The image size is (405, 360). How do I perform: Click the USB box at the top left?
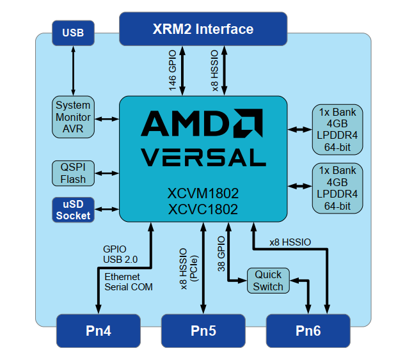pyautogui.click(x=72, y=33)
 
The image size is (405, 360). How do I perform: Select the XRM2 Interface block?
pyautogui.click(x=202, y=29)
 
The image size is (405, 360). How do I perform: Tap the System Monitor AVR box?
pyautogui.click(x=73, y=118)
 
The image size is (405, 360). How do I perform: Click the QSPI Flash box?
pyautogui.click(x=73, y=173)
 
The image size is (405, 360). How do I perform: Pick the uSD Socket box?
pyautogui.click(x=73, y=210)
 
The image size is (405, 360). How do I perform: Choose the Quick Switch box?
pyautogui.click(x=267, y=281)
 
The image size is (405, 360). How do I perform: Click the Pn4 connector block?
pyautogui.click(x=98, y=331)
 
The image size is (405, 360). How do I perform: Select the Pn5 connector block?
pyautogui.click(x=203, y=331)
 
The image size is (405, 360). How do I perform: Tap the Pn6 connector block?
pyautogui.click(x=308, y=331)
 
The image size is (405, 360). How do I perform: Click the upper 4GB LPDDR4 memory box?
pyautogui.click(x=337, y=130)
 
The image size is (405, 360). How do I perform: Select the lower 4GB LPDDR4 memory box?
pyautogui.click(x=337, y=188)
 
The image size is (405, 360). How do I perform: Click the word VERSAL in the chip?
pyautogui.click(x=203, y=157)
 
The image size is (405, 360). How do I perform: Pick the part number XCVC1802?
pyautogui.click(x=203, y=209)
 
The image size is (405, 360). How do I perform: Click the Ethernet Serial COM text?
pyautogui.click(x=129, y=282)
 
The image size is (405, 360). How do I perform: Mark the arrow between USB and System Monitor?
pyautogui.click(x=73, y=71)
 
